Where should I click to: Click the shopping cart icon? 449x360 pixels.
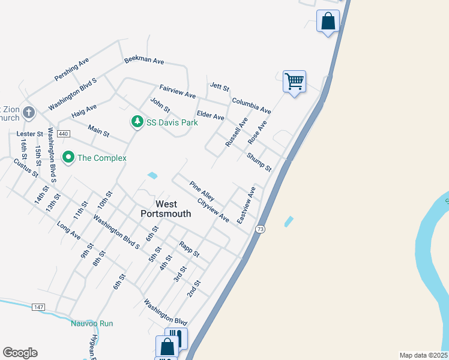(294, 80)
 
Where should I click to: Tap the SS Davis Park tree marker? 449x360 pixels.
(137, 122)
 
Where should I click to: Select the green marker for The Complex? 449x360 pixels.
(68, 158)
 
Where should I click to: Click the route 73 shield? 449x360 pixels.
(260, 229)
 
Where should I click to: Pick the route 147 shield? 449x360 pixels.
(38, 307)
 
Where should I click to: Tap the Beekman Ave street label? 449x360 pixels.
(144, 61)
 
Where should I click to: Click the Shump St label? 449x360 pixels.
(259, 161)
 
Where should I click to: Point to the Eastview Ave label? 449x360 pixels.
(246, 206)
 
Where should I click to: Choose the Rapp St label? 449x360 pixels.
(189, 249)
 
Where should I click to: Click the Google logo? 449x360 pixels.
(20, 353)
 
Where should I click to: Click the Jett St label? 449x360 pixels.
(220, 88)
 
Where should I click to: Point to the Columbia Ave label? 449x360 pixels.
(252, 106)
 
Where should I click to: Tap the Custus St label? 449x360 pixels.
(26, 167)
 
